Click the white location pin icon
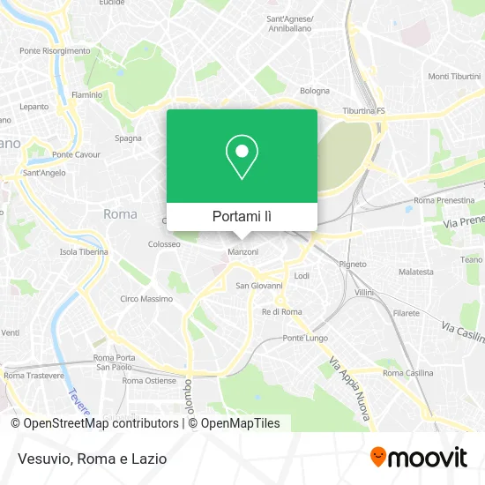click(242, 157)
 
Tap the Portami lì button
click(242, 216)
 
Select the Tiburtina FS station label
click(364, 111)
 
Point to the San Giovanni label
click(259, 286)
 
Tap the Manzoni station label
click(242, 252)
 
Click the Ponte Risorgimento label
click(55, 50)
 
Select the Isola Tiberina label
click(84, 251)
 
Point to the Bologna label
click(315, 91)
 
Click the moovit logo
click(419, 458)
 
